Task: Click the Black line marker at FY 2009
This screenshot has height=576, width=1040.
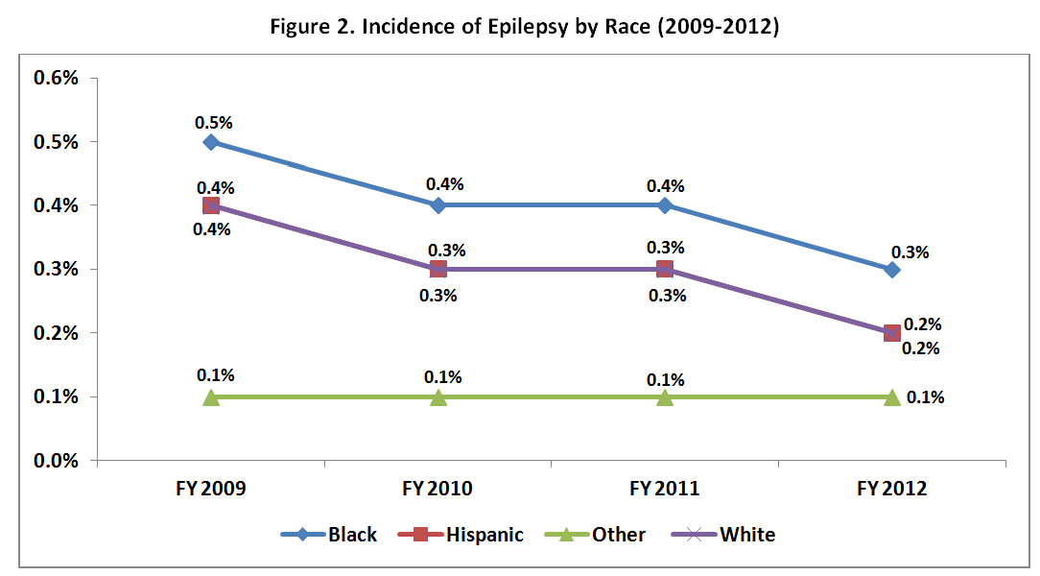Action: pyautogui.click(x=211, y=142)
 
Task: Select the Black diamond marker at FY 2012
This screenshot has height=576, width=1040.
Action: pyautogui.click(x=891, y=270)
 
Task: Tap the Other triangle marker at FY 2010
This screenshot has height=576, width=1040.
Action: pyautogui.click(x=438, y=396)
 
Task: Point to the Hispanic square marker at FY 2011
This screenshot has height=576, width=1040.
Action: pyautogui.click(x=665, y=269)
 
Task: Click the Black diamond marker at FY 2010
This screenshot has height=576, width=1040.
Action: pyautogui.click(x=438, y=205)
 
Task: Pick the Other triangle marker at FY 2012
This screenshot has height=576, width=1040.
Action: pyautogui.click(x=891, y=396)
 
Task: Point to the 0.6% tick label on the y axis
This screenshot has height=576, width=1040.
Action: pyautogui.click(x=55, y=78)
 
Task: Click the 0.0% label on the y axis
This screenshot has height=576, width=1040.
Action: pyautogui.click(x=55, y=461)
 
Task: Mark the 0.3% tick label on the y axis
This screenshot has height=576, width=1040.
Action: pyautogui.click(x=55, y=270)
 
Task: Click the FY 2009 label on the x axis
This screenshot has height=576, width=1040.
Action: pyautogui.click(x=211, y=489)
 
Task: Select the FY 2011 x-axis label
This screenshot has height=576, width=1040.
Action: pyautogui.click(x=665, y=489)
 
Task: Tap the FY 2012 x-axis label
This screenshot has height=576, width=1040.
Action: pyautogui.click(x=891, y=489)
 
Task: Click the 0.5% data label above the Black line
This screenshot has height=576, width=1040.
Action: pyautogui.click(x=213, y=123)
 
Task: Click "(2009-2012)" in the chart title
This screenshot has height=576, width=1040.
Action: pyautogui.click(x=723, y=27)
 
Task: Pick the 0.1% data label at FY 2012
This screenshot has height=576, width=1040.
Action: pyautogui.click(x=925, y=397)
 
